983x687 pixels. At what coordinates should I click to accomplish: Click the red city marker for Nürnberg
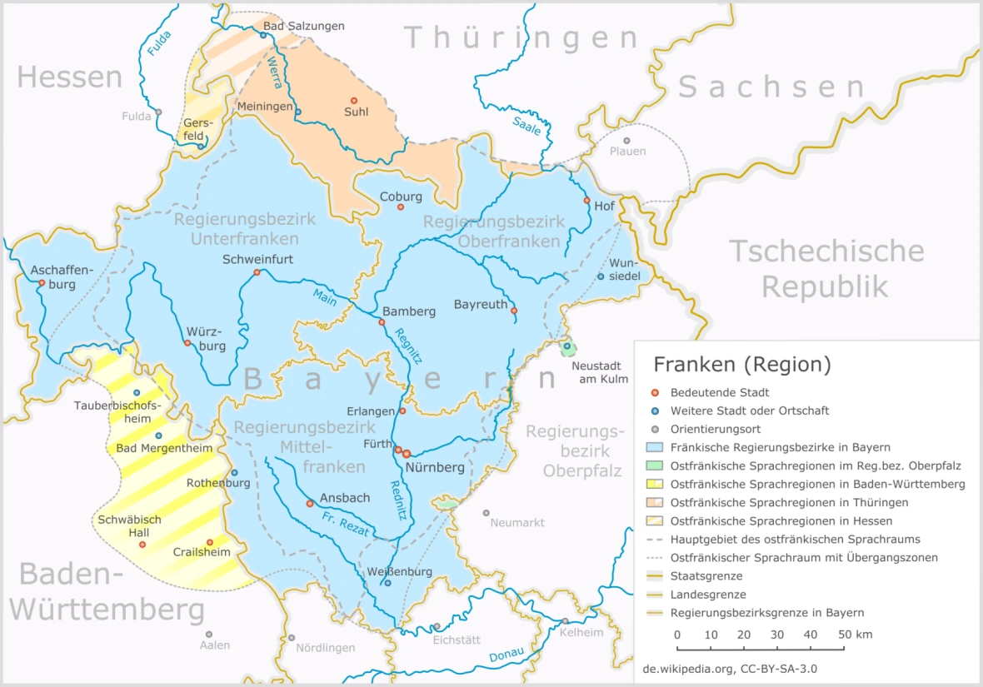[x=407, y=454]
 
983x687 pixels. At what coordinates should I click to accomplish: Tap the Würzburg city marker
[x=187, y=343]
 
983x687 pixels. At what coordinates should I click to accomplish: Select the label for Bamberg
[x=409, y=311]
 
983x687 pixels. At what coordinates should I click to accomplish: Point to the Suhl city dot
[x=353, y=100]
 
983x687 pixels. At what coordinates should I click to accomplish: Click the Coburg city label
[x=401, y=197]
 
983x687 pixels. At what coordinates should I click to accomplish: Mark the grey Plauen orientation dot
[x=627, y=140]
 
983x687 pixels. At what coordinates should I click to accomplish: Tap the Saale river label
[x=526, y=127]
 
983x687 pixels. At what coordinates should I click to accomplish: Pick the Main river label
[x=325, y=296]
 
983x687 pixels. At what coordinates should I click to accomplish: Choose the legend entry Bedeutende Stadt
[x=719, y=392]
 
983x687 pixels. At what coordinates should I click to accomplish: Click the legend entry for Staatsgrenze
[x=706, y=575]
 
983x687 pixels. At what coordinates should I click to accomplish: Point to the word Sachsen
[x=771, y=87]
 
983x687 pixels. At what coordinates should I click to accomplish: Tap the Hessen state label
[x=70, y=77]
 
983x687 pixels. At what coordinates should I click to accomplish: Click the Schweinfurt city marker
[x=257, y=272]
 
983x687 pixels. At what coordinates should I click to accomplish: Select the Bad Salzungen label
[x=303, y=27]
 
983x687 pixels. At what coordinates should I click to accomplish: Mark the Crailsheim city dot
[x=210, y=542]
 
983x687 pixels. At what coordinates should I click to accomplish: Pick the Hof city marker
[x=587, y=201]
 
